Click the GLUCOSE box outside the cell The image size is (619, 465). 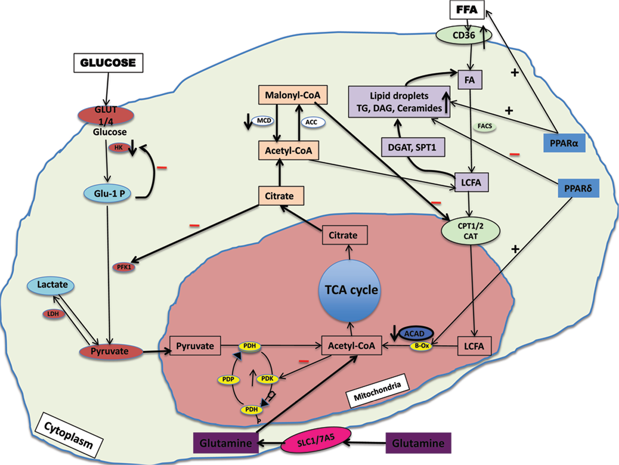108,63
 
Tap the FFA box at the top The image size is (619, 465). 467,10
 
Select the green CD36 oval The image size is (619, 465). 464,35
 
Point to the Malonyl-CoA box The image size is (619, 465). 292,95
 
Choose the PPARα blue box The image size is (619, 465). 564,143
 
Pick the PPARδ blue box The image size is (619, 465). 578,188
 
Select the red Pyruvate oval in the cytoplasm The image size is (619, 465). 111,351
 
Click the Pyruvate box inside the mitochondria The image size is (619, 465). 195,346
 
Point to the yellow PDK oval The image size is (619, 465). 267,379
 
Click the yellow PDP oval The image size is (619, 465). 228,380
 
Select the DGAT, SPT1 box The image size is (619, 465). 413,147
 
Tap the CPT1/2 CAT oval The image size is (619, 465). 470,231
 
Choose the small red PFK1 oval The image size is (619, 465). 124,267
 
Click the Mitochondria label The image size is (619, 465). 377,391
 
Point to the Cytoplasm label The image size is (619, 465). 69,435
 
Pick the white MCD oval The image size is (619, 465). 263,121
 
